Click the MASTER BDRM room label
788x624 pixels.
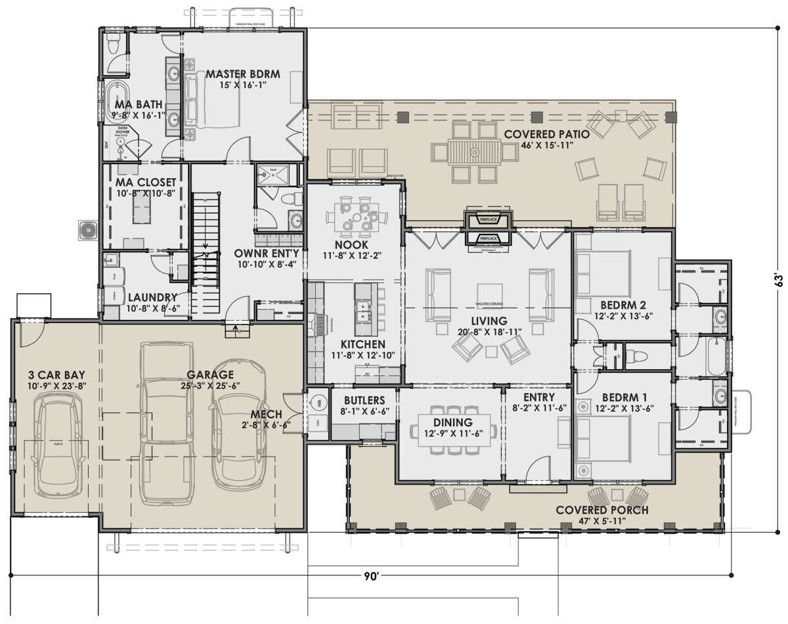click(242, 74)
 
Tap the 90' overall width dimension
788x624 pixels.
click(371, 575)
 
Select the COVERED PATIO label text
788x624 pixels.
click(546, 134)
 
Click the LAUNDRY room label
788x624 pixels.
click(152, 297)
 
